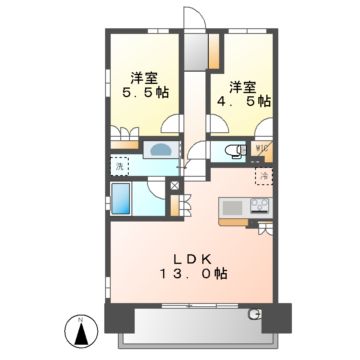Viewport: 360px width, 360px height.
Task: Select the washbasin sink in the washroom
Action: [157, 150]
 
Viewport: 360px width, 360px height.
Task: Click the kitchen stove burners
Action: [258, 208]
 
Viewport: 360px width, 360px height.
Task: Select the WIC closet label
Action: [263, 151]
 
